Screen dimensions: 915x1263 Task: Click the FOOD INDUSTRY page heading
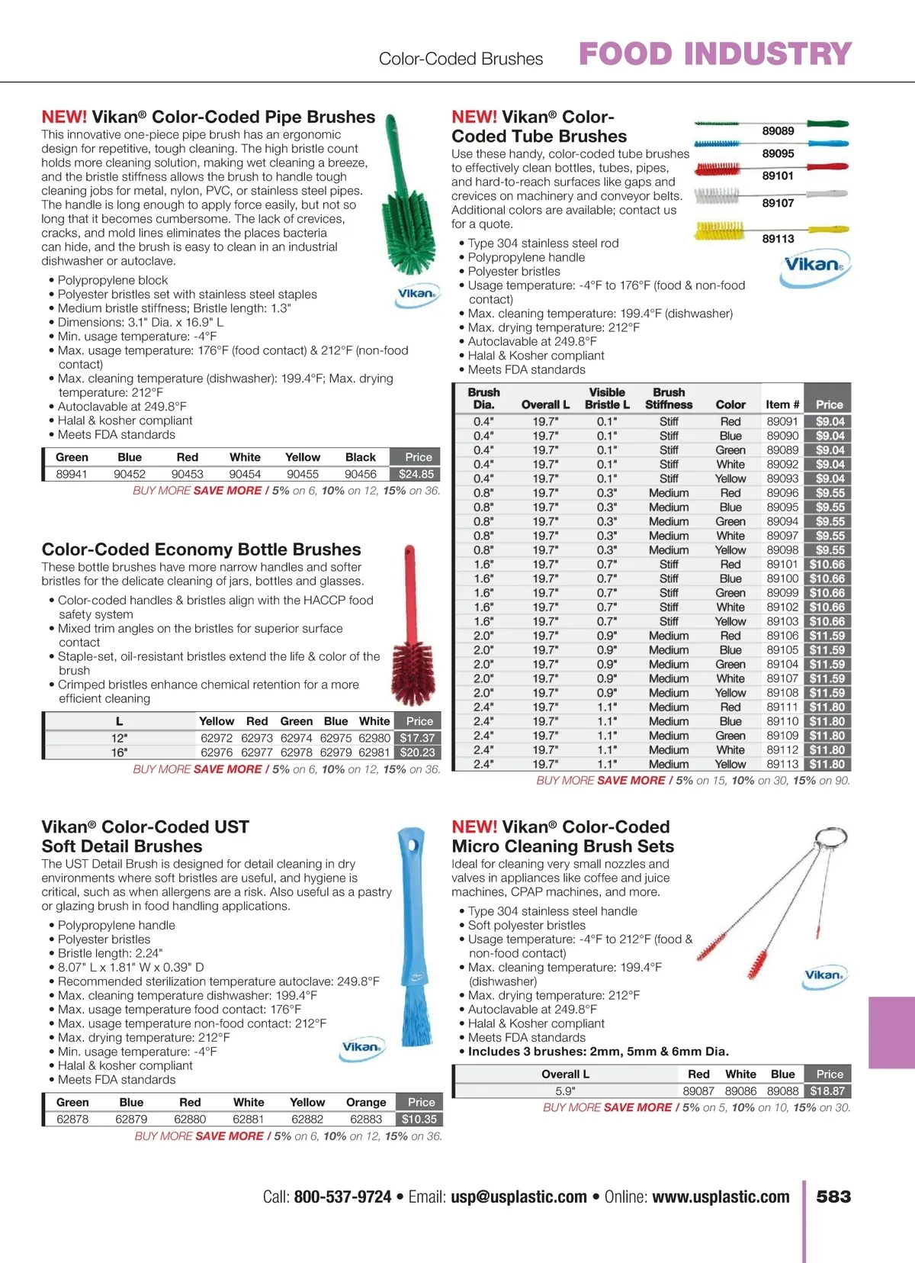(715, 54)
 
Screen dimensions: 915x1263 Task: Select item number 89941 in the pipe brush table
(72, 474)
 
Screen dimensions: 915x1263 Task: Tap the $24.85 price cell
(416, 474)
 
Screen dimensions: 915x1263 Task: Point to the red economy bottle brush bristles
(414, 673)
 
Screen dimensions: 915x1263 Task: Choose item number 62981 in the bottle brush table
(374, 752)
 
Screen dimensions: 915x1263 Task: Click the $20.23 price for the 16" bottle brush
(418, 752)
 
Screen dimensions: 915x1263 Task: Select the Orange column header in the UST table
(366, 1102)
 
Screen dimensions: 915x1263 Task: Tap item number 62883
(366, 1120)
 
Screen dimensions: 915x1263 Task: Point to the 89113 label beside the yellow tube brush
(778, 239)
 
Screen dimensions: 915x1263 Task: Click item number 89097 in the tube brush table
(782, 536)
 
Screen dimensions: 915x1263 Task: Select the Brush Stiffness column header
(669, 398)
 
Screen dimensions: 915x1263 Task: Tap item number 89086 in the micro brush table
(740, 1091)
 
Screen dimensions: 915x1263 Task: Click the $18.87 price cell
(827, 1091)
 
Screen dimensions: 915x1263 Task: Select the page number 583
(833, 1197)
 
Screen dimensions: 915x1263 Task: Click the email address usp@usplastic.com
(518, 1197)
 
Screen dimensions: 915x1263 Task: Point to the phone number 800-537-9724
(342, 1197)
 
